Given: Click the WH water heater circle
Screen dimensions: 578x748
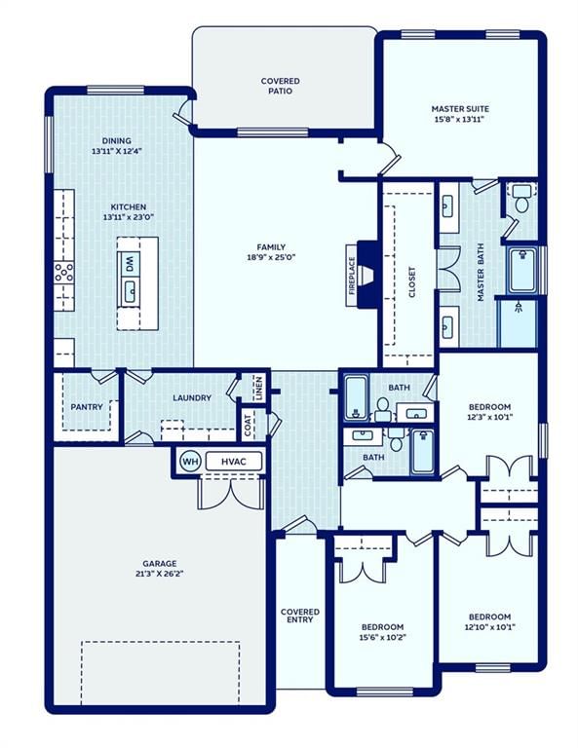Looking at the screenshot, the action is (190, 462).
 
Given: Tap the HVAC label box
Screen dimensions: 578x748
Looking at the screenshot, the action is (234, 462).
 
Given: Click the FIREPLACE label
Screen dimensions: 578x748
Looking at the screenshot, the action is (352, 276).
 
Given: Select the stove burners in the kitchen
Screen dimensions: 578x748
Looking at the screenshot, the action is (64, 273).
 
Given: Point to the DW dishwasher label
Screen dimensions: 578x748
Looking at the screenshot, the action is (129, 264).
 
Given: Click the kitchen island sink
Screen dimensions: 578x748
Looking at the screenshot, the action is (130, 292).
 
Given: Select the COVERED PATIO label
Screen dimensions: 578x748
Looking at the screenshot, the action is (281, 86).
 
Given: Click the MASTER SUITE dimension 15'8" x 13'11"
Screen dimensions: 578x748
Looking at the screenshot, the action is (459, 119).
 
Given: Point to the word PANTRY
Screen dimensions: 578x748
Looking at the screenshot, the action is (87, 407).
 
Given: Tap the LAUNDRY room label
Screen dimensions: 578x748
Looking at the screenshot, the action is (192, 397).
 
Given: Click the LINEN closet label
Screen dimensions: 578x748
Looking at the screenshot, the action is (259, 388).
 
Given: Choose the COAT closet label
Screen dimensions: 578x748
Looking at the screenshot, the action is (248, 425).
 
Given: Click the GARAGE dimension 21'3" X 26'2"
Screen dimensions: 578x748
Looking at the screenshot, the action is (160, 574).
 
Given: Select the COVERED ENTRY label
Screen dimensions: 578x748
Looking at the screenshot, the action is (300, 616).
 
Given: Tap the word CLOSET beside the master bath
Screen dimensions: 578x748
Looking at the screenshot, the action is (412, 281).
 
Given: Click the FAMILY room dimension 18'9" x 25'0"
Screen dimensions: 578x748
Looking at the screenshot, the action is (271, 257).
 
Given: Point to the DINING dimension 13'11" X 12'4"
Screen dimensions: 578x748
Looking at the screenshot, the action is (117, 151).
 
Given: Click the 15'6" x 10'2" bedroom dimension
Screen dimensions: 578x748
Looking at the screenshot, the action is (382, 637).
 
